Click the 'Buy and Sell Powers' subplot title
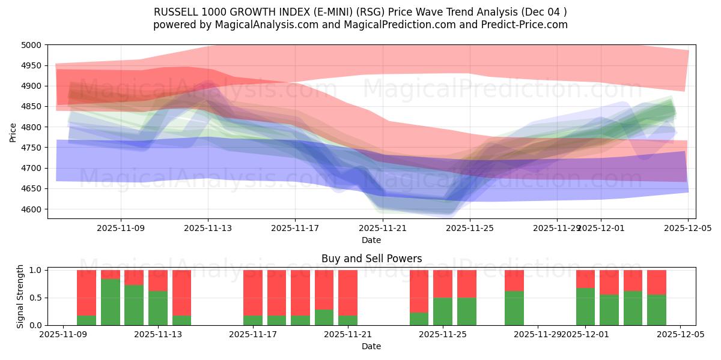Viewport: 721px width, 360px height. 371,259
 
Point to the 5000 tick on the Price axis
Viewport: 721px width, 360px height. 32,45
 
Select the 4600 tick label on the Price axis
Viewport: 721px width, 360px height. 32,209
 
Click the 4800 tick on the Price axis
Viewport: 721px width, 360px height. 32,127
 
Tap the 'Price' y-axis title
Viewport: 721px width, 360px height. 13,131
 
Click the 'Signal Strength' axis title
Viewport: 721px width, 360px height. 21,297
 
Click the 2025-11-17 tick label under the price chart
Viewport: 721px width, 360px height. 295,228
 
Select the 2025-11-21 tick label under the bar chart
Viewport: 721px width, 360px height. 348,335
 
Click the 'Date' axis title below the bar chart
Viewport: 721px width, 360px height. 371,346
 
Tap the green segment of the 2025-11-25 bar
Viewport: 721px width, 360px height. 443,311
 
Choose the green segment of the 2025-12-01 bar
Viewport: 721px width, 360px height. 585,307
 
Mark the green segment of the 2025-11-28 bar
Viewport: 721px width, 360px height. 514,308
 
